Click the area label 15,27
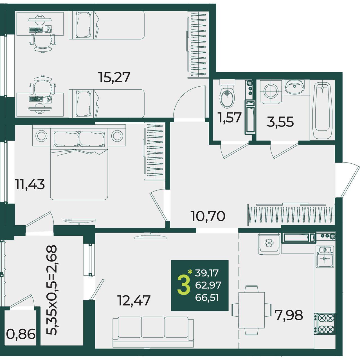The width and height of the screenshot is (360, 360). point(114,77)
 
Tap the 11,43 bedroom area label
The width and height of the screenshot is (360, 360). point(30,184)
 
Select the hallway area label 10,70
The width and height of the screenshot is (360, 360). point(208,216)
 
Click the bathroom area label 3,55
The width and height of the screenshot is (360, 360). point(280,121)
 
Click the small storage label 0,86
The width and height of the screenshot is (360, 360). point(21,334)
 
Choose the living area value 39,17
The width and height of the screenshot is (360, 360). point(207,273)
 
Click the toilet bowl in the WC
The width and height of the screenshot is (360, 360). point(227,94)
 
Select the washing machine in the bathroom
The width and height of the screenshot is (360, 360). point(271,92)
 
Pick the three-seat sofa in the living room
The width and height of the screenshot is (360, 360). point(153,329)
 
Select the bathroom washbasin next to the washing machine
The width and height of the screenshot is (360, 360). point(295,87)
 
